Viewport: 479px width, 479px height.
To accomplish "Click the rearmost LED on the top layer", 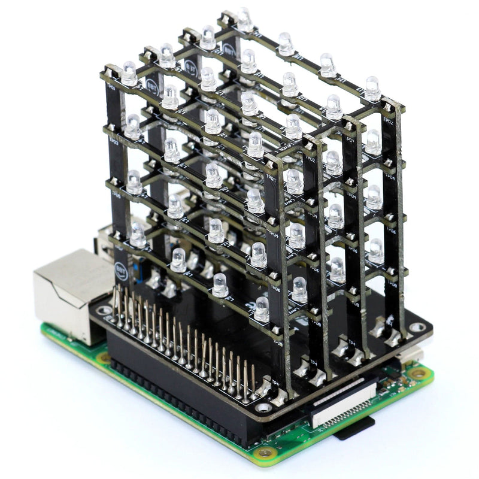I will [245, 20].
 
